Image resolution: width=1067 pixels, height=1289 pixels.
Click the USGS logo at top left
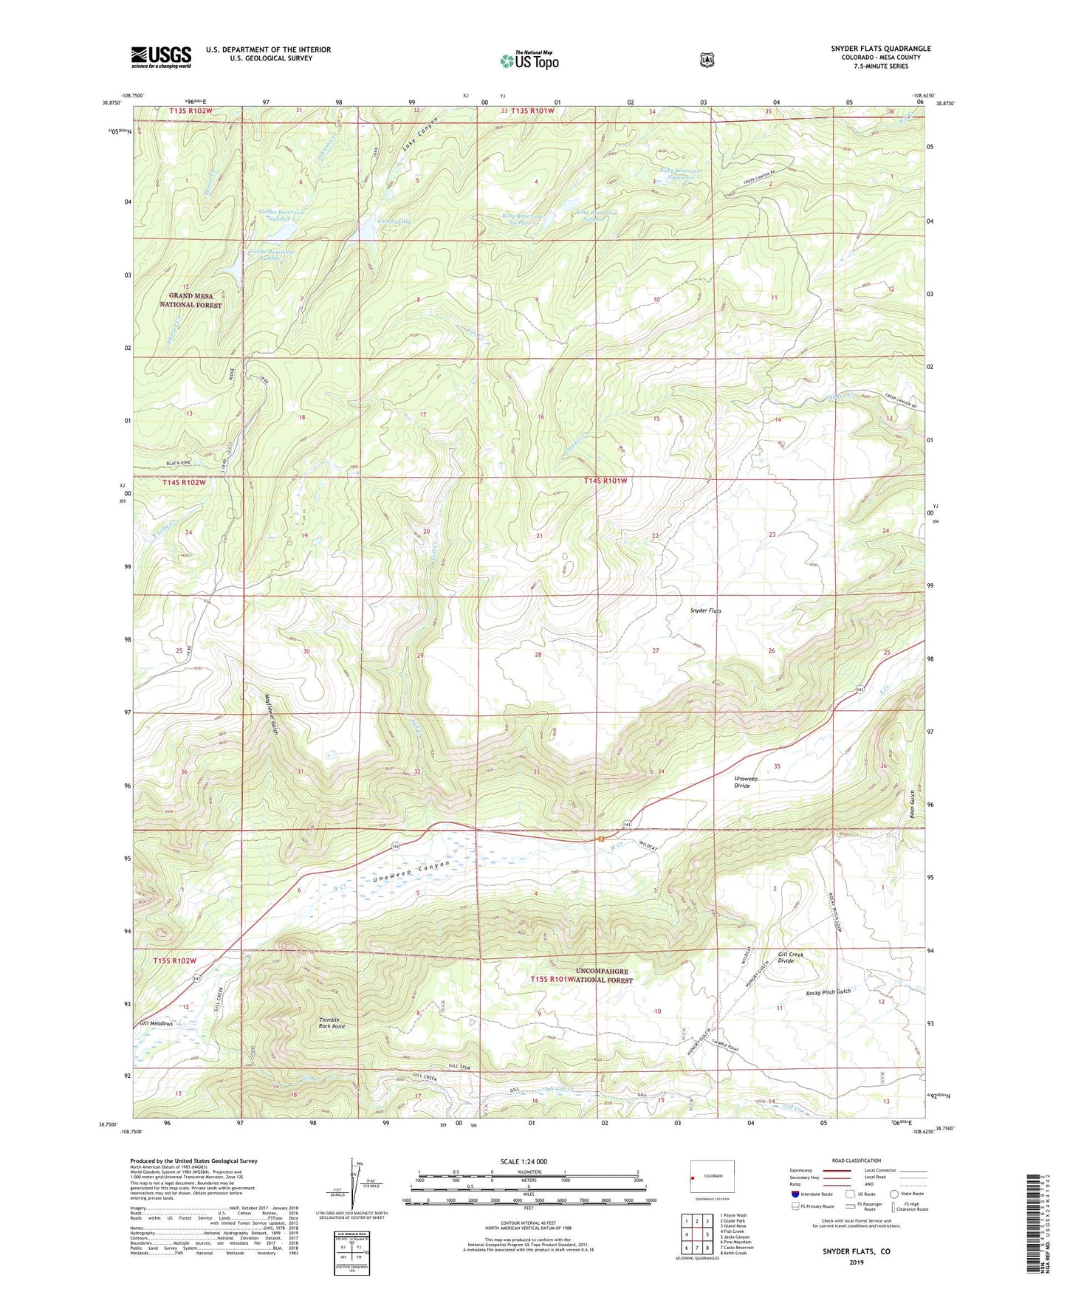click(161, 56)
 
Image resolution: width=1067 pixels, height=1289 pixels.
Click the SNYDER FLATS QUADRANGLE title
click(880, 49)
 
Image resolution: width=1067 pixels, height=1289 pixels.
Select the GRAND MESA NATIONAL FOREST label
click(191, 300)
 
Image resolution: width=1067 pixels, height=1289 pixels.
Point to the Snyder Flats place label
click(705, 611)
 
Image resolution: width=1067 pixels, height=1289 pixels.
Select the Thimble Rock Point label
click(332, 1023)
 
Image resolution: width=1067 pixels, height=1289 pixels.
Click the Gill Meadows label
click(156, 1023)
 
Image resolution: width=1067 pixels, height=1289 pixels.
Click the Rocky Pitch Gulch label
click(828, 992)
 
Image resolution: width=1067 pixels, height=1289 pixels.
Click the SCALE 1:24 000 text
click(524, 1161)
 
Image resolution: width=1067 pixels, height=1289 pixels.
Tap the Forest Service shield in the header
click(707, 60)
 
